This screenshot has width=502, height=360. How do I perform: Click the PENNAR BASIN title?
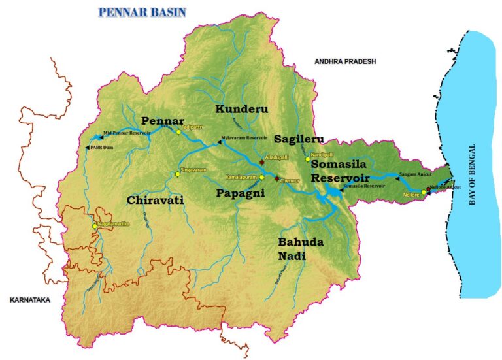pyautogui.click(x=141, y=12)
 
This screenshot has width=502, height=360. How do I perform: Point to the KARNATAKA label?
pyautogui.click(x=29, y=300)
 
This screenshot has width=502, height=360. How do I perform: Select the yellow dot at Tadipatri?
pyautogui.click(x=177, y=132)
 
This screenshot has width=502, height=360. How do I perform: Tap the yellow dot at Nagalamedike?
pyautogui.click(x=95, y=226)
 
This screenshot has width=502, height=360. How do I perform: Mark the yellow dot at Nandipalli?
pyautogui.click(x=307, y=159)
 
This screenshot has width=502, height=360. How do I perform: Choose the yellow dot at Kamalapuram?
pyautogui.click(x=261, y=177)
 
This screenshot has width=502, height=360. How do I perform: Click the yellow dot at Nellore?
pyautogui.click(x=424, y=193)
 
